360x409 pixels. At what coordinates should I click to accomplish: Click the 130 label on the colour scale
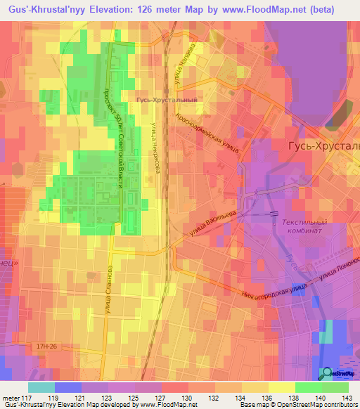pyautogui.click(x=186, y=398)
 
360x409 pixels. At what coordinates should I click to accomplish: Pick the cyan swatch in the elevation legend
pyautogui.click(x=41, y=387)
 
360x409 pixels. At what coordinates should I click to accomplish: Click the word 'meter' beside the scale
pyautogui.click(x=10, y=398)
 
